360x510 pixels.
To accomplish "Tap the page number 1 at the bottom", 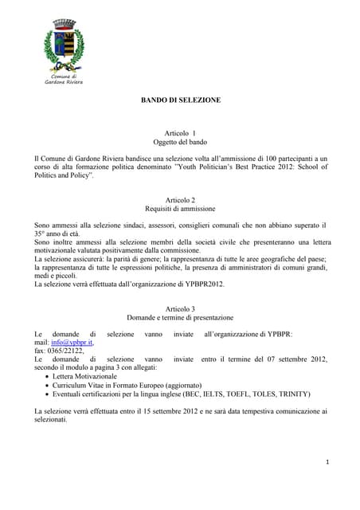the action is point(327,464).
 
